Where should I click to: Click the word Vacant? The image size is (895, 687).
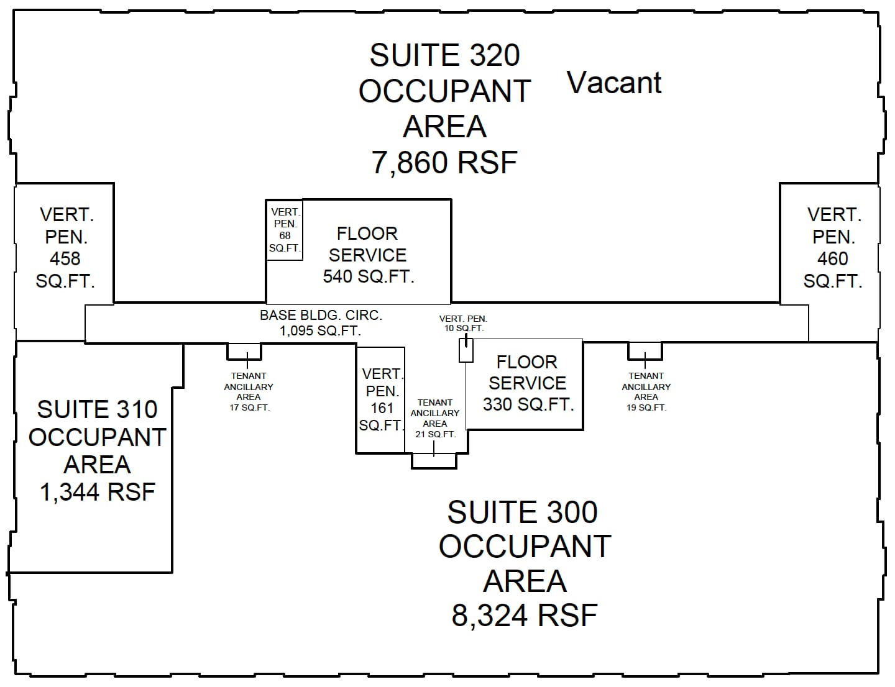tap(614, 83)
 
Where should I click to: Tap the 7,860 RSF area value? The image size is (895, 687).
tap(444, 163)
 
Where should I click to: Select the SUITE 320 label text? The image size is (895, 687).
tap(444, 55)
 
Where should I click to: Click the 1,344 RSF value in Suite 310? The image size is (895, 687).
tap(98, 492)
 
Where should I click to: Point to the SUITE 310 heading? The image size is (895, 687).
tap(98, 410)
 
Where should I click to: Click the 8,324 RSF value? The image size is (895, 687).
tap(524, 616)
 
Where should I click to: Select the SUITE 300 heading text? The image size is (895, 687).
tap(522, 513)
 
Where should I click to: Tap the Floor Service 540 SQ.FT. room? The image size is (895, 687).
tap(368, 255)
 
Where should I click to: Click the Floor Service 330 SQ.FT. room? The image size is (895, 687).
tap(527, 383)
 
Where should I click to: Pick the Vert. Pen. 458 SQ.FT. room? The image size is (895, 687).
tap(65, 247)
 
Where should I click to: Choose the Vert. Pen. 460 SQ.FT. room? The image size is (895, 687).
tap(832, 247)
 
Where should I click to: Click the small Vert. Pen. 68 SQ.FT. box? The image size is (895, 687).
tap(285, 230)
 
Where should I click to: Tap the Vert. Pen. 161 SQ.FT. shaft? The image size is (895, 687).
tap(381, 399)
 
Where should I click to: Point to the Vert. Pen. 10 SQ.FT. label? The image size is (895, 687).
tap(463, 323)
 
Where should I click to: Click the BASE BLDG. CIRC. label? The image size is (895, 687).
tap(321, 316)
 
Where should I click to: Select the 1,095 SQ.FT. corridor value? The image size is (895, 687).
tap(320, 330)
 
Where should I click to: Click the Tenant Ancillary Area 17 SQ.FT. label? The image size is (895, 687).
tap(248, 391)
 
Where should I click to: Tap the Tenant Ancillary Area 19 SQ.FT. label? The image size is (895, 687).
tap(646, 391)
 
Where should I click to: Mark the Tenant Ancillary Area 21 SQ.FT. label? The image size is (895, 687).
tap(434, 418)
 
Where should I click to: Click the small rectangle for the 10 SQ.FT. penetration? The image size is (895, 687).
tap(466, 350)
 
